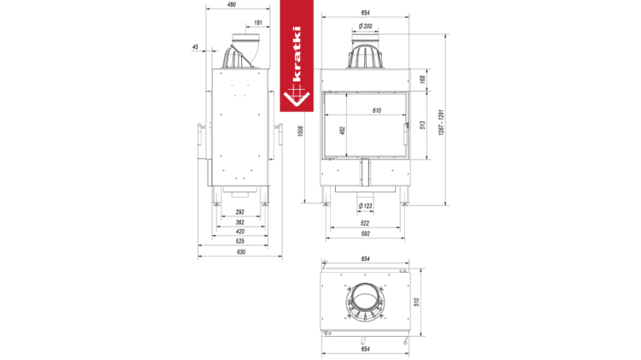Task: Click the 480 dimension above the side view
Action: coord(232,4)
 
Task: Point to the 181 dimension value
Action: coord(258,23)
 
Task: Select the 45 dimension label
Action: coord(196,47)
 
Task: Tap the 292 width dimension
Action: coord(240,212)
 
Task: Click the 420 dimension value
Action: coord(240,232)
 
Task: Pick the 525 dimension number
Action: coord(240,241)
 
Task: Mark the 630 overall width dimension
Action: coord(241,252)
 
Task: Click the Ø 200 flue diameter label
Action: coord(366,27)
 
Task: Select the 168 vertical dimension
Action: coord(423,80)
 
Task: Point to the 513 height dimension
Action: coord(423,125)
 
